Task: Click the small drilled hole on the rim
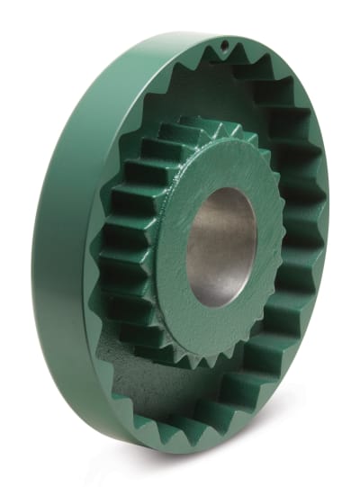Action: point(220,42)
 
